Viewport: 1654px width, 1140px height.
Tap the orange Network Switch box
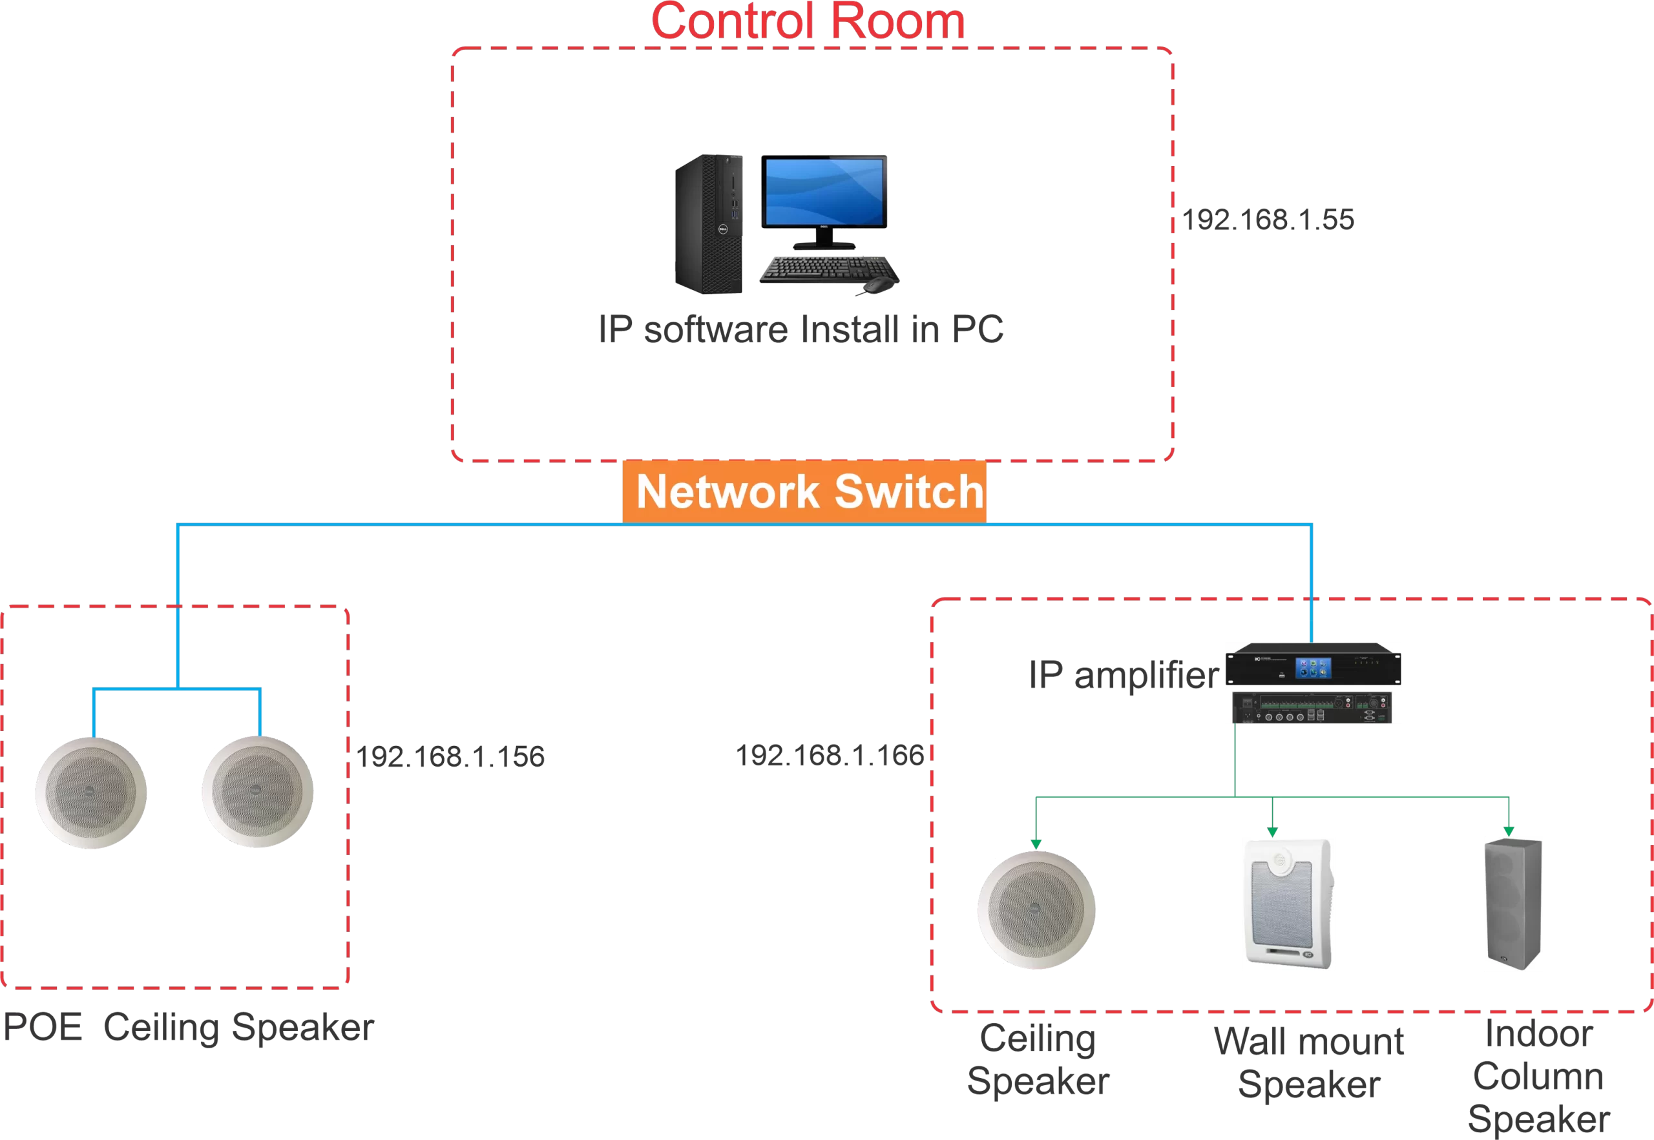[804, 492]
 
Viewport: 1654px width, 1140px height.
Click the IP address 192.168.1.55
[1268, 220]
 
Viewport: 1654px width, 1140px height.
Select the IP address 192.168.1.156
[450, 756]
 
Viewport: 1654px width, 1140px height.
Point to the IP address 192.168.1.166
[830, 755]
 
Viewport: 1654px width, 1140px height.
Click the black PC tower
[709, 224]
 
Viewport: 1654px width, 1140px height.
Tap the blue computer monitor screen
[824, 191]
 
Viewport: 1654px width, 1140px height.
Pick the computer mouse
[877, 286]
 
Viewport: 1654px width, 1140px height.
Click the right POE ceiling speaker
[257, 791]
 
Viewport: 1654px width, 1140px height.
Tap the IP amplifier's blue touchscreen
[1314, 668]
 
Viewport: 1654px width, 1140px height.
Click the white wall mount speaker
[1288, 904]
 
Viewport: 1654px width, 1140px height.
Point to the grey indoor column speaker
[1513, 904]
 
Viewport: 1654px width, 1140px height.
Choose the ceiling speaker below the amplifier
[1036, 909]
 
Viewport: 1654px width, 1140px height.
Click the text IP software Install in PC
[801, 329]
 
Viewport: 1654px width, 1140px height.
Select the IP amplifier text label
[1124, 675]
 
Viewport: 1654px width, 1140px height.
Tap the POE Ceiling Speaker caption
[188, 1028]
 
